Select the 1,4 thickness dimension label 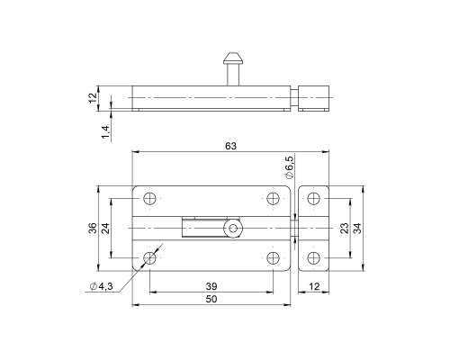[x=105, y=131]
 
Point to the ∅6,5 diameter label [x=289, y=168]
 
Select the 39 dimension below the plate [x=211, y=286]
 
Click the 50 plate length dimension [x=211, y=299]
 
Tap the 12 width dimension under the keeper [x=313, y=286]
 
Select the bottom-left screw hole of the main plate [x=149, y=259]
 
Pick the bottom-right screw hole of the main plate [x=273, y=259]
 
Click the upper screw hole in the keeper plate [x=313, y=200]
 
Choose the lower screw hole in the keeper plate [x=313, y=258]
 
